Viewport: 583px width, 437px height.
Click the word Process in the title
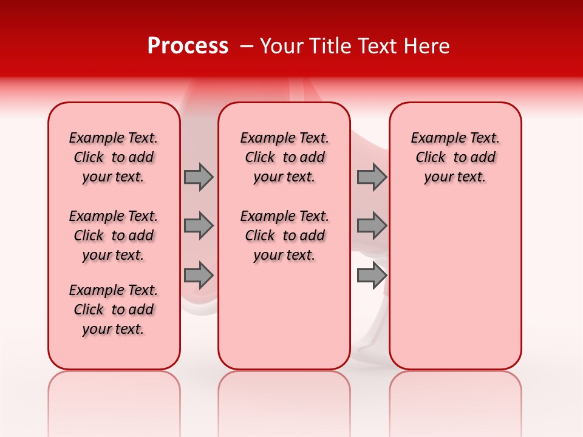(188, 46)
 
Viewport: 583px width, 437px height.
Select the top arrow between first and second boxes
(199, 177)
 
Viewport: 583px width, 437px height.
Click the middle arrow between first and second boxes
(199, 226)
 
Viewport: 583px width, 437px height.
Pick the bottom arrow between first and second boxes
(199, 275)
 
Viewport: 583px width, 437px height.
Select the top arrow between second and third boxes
(372, 177)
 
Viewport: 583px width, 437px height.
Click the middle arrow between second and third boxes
(372, 226)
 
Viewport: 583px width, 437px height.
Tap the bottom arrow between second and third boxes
(372, 275)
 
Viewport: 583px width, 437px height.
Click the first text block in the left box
(114, 157)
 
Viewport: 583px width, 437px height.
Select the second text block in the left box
(114, 235)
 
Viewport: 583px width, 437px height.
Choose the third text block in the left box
(114, 310)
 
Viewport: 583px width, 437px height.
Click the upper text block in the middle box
(284, 157)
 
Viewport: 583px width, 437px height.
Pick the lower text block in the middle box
(284, 235)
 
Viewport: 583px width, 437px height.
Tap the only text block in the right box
(455, 157)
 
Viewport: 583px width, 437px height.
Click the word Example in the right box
(433, 138)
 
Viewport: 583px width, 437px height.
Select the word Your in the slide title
(280, 46)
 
